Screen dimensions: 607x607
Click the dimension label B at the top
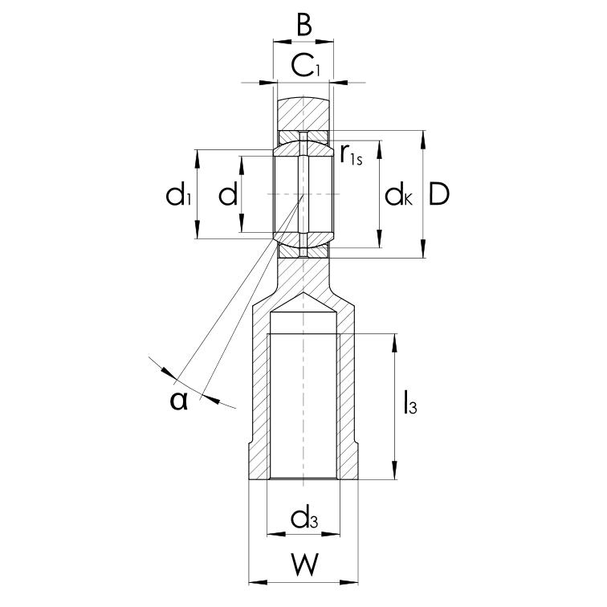(x=304, y=25)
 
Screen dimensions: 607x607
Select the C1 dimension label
(x=305, y=66)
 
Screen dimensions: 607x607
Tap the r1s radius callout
(x=351, y=154)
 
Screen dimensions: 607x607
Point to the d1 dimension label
(x=178, y=194)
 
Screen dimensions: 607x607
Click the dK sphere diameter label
(x=398, y=194)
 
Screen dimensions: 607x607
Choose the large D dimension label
(x=439, y=194)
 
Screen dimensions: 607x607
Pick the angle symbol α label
(x=179, y=401)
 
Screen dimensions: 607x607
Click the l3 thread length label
(x=410, y=402)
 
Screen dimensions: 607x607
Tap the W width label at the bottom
(x=304, y=564)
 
